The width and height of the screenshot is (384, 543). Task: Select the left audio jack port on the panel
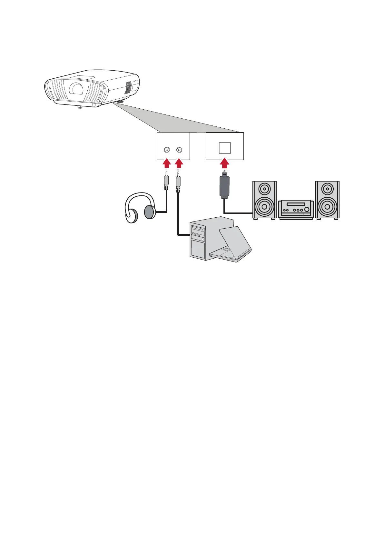coord(167,150)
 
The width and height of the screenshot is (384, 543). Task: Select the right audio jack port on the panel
coord(179,150)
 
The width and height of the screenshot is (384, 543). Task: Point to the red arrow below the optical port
coord(225,164)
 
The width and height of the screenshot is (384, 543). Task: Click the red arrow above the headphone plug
coord(166,163)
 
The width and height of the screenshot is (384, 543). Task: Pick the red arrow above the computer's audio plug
coord(179,163)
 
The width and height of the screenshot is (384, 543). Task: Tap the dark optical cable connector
coord(225,187)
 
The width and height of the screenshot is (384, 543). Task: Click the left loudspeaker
coord(264,200)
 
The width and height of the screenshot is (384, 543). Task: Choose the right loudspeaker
coord(327,200)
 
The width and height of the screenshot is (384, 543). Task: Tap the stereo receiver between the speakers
coord(296,209)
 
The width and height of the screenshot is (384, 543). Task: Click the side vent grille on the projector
coord(128,86)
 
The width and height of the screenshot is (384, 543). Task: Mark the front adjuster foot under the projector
coord(80,106)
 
